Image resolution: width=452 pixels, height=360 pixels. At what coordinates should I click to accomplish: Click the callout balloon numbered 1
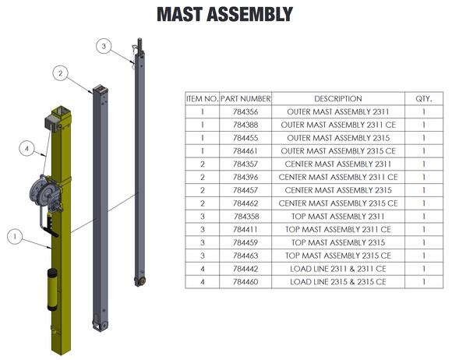pos(15,237)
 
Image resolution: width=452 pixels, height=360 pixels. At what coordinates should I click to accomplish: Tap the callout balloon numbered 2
pos(60,73)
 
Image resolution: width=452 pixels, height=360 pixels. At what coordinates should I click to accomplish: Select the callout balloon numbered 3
pos(104,46)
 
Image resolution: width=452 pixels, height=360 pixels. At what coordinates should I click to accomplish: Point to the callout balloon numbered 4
pos(26,149)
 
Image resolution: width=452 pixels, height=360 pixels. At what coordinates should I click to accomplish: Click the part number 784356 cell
pos(245,112)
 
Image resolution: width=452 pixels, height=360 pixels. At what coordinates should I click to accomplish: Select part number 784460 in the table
pos(245,282)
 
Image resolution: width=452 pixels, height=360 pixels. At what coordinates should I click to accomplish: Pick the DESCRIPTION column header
pos(338,99)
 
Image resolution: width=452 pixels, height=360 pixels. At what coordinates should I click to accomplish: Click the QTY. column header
pos(424,99)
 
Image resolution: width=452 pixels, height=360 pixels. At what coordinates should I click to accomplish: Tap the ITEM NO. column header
pos(202,99)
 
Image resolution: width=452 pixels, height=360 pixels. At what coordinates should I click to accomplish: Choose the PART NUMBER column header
pos(245,99)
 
